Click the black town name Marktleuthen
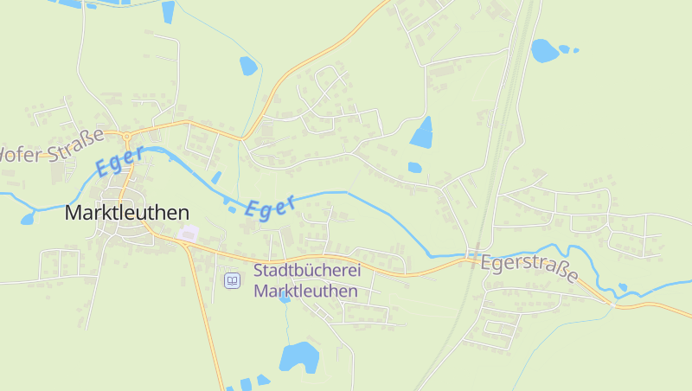pos(126,213)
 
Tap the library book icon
pos(232,280)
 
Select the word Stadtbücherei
pos(306,271)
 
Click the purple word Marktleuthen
pos(305,292)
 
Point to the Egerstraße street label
pos(529,268)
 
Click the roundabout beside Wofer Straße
pos(126,136)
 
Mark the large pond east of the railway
pos(545,51)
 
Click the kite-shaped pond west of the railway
pos(422,133)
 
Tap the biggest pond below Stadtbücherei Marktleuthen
pos(299,356)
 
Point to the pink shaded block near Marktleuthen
pos(188,233)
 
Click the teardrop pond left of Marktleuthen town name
pos(28,218)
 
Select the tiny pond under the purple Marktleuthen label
pos(284,319)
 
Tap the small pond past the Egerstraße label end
pos(623,287)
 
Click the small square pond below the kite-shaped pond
pos(414,167)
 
